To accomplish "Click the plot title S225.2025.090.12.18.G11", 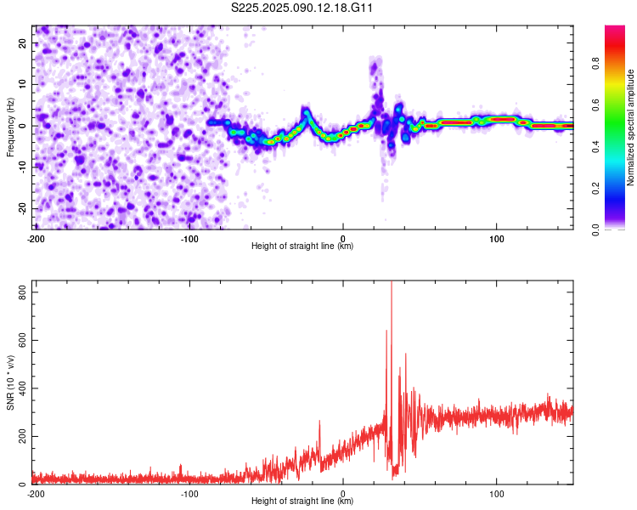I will point(303,8).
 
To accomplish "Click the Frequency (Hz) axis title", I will point(10,126).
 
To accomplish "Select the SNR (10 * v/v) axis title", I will point(10,382).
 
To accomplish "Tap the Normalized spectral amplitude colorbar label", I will point(631,127).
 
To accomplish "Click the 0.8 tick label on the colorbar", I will point(597,63).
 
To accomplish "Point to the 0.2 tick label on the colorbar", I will point(597,187).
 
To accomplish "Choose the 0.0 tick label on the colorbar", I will point(597,229).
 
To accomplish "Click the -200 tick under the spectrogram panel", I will point(36,238).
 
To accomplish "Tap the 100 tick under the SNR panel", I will point(497,493).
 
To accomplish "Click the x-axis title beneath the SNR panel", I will point(303,501).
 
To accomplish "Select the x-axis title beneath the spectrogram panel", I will point(303,246).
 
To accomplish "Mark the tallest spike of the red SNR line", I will point(391,284).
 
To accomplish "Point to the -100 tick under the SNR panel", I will point(189,493).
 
